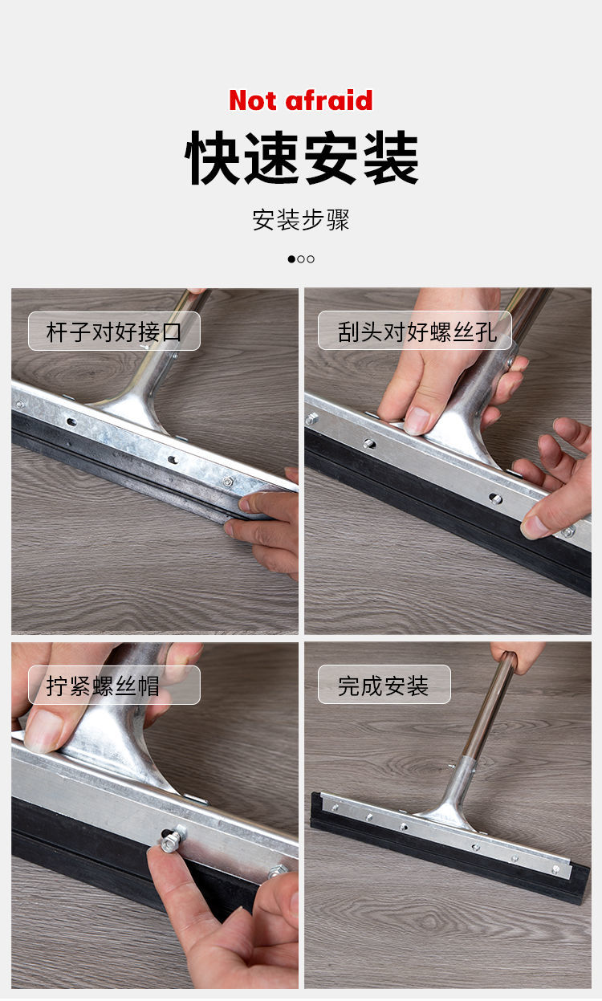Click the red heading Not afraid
[x=301, y=100]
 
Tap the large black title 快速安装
[x=302, y=158]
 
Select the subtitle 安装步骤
[x=301, y=220]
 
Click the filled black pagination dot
[x=291, y=259]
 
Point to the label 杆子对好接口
[x=114, y=332]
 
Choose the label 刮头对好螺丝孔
[x=417, y=332]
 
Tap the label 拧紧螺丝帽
[x=103, y=686]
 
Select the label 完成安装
[x=383, y=686]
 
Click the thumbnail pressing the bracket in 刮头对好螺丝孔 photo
[x=417, y=421]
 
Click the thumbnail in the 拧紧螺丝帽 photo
[x=43, y=730]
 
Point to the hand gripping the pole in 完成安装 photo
[x=517, y=657]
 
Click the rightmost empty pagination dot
[x=311, y=259]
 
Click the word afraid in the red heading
[x=328, y=100]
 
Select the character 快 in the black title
[x=212, y=158]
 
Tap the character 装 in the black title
[x=391, y=158]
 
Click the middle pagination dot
[x=301, y=259]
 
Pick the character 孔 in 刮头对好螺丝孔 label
[x=486, y=332]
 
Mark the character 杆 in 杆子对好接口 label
[x=57, y=332]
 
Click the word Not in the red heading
[x=253, y=100]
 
